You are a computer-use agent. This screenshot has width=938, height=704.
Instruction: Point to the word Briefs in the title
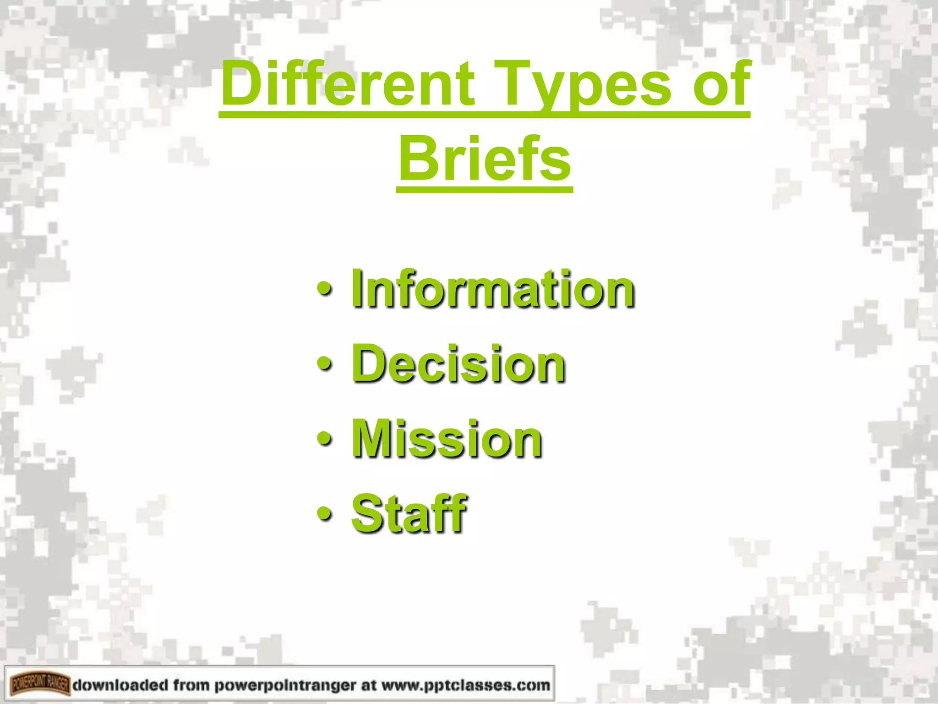pos(485,159)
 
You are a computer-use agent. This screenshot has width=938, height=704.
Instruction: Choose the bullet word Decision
pos(458,364)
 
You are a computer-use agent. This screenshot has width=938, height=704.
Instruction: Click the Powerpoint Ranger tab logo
pos(40,685)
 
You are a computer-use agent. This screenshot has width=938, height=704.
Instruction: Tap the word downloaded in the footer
pos(120,685)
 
